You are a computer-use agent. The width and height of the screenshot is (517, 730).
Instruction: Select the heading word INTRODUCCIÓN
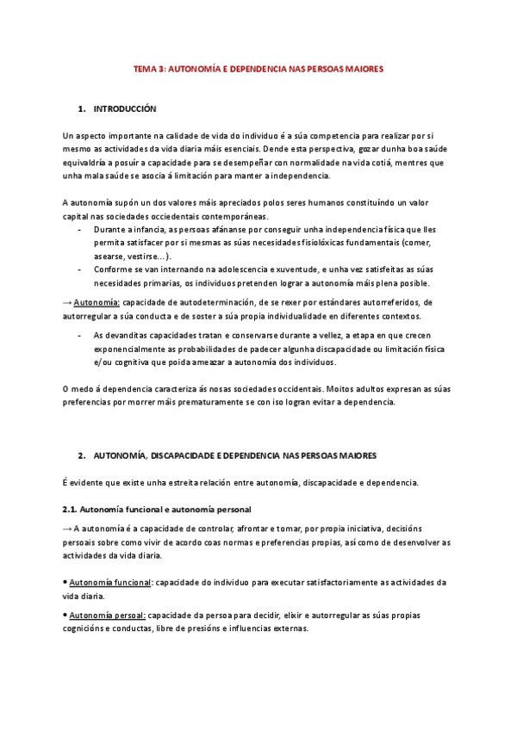[124, 109]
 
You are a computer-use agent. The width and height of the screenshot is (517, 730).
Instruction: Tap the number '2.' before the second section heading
[81, 454]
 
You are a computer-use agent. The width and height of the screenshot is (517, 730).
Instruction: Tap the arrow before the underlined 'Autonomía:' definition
[67, 302]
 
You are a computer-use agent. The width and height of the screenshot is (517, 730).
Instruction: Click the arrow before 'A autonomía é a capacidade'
[67, 528]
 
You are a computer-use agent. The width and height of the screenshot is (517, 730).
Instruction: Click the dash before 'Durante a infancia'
[79, 231]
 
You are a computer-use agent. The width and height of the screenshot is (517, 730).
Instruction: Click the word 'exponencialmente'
[129, 349]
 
